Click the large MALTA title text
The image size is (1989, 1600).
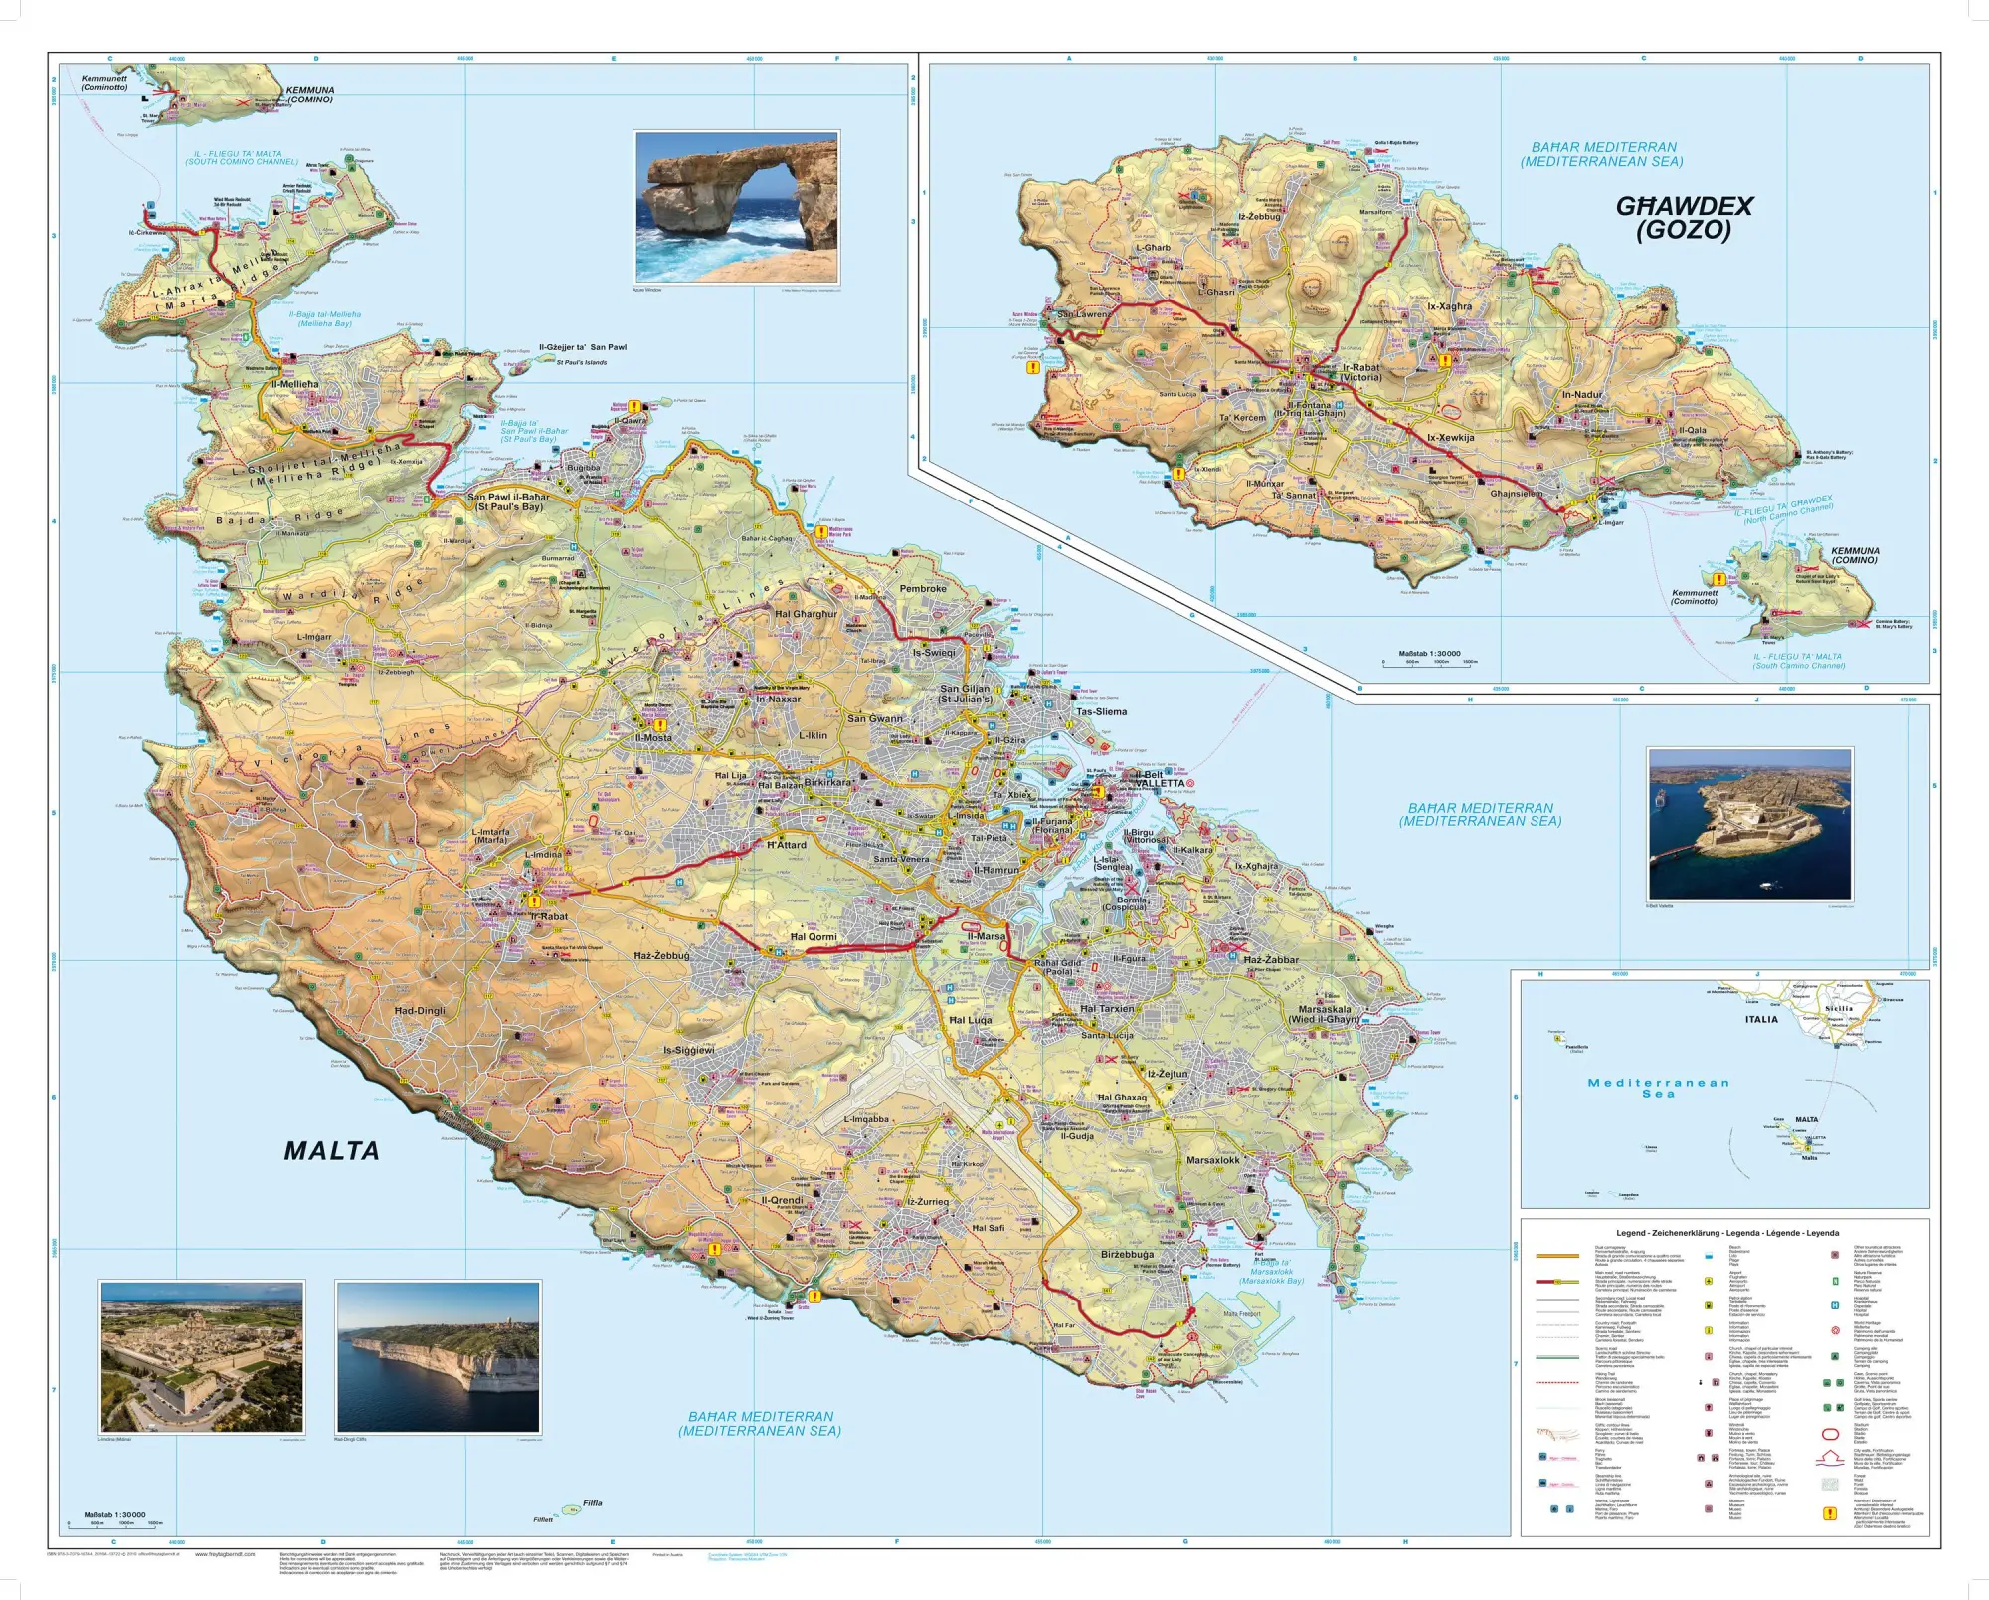(331, 1151)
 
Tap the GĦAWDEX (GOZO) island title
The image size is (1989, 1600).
(1684, 218)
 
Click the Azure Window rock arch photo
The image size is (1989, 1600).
(736, 207)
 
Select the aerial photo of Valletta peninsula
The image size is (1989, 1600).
(1749, 825)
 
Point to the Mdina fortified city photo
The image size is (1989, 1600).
(202, 1356)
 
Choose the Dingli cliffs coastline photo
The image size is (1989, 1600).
(438, 1356)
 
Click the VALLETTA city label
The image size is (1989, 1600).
(1160, 783)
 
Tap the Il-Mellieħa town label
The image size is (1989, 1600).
(295, 384)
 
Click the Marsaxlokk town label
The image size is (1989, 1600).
(1213, 1160)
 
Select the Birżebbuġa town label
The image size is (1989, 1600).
(1127, 1255)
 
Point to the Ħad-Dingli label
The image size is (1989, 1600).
(420, 1011)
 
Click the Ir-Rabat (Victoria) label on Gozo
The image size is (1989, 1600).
(1360, 372)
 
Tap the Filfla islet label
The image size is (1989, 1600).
(593, 1503)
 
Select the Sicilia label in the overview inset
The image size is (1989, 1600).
(1839, 1008)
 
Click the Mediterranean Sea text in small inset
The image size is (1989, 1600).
(1658, 1088)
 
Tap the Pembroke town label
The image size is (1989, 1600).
(923, 589)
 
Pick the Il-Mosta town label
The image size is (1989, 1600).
(653, 738)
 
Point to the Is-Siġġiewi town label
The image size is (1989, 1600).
(689, 1050)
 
